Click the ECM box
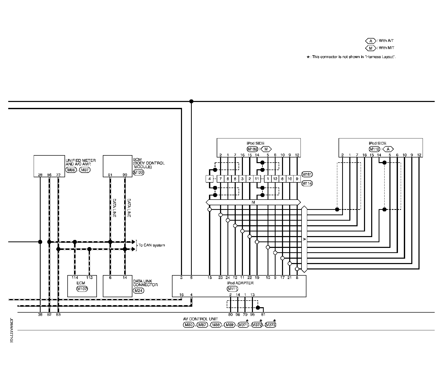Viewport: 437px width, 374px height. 82,286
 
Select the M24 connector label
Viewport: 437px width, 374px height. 139,291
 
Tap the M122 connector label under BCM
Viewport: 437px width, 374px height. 139,173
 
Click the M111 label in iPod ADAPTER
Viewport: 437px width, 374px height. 232,289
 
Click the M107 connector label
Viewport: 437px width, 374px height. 82,289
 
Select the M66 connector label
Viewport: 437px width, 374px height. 71,170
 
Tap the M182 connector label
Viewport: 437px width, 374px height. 252,149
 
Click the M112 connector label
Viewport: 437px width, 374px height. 374,149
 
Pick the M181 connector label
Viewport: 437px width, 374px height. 307,174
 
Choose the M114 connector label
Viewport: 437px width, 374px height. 307,183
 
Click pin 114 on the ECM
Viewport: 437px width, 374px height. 75,278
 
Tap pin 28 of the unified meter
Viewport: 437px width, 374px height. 40,175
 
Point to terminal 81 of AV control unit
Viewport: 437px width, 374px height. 263,314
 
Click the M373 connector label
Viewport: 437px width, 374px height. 270,325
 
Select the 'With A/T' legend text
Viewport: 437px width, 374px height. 386,41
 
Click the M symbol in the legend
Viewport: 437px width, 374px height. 371,48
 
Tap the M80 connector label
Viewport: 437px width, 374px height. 188,325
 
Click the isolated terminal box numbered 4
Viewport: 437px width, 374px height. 210,179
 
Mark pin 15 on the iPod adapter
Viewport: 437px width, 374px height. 210,278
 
